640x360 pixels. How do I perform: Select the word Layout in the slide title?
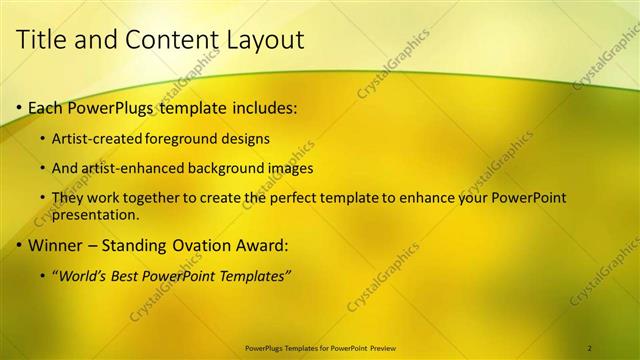265,40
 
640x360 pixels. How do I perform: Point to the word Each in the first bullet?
46,107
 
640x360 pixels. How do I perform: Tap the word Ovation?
222,245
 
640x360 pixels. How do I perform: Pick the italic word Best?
135,275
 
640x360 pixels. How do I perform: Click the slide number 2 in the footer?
590,347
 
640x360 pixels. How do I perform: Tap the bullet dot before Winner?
19,245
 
